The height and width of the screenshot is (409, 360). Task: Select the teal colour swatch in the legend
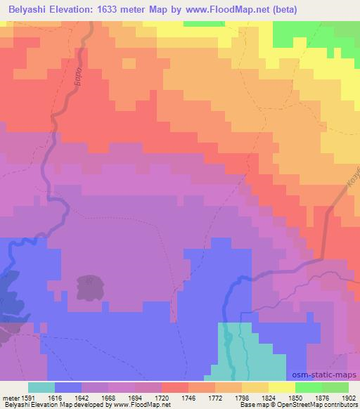pos(41,387)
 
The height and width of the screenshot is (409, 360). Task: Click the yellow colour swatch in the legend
pos(282,387)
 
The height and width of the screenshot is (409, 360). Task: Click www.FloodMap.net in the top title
pos(217,10)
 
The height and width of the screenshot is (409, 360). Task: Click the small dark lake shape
pos(90,287)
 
